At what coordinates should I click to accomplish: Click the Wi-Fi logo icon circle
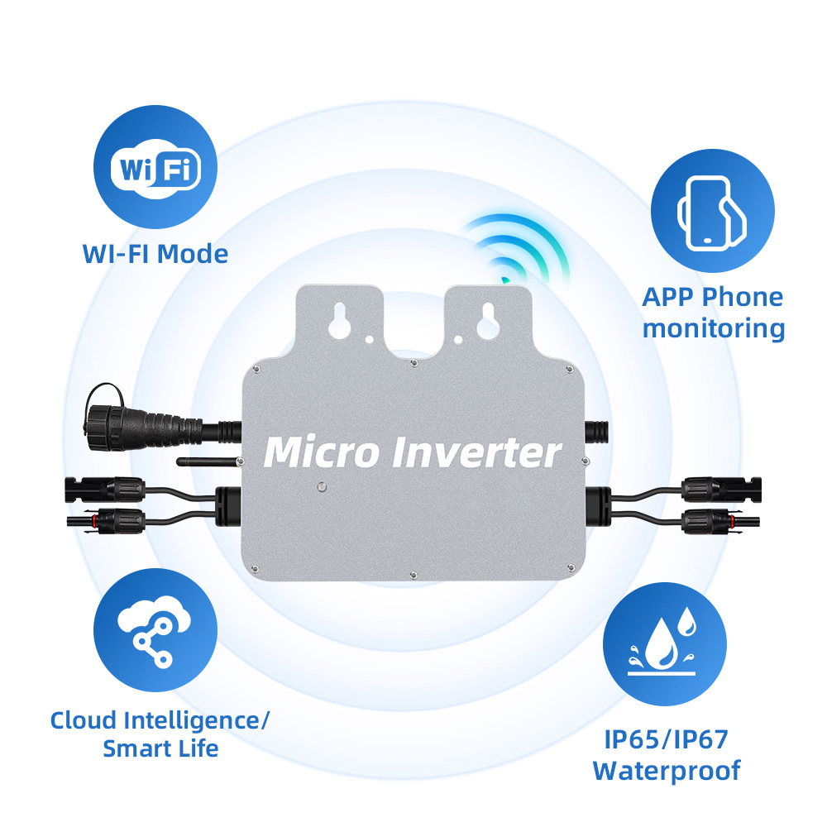[x=155, y=170]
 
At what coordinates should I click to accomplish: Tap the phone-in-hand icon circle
[x=712, y=212]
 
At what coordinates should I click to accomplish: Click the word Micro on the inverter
[x=321, y=452]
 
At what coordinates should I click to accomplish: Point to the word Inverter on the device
[x=476, y=452]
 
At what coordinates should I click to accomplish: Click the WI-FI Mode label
[x=155, y=253]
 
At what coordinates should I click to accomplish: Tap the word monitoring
[x=713, y=328]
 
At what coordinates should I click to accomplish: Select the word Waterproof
[x=666, y=771]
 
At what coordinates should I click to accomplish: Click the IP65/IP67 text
[x=666, y=739]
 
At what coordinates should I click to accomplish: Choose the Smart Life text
[x=160, y=749]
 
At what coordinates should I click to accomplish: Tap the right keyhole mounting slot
[x=486, y=322]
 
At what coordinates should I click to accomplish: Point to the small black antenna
[x=207, y=460]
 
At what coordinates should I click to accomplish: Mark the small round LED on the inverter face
[x=320, y=489]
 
